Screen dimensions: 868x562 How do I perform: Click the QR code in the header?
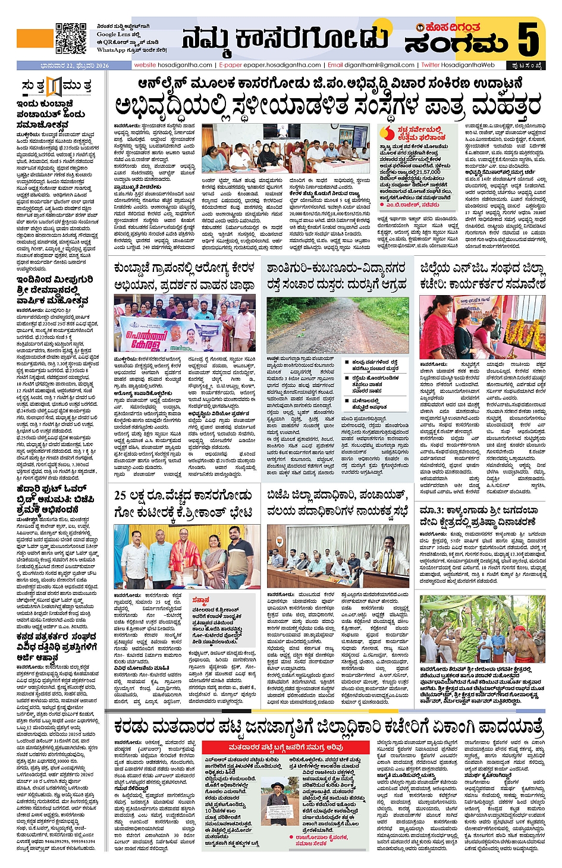[x=71, y=38]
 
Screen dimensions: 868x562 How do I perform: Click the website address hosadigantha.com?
[x=173, y=65]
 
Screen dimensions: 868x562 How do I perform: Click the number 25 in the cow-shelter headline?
[x=120, y=496]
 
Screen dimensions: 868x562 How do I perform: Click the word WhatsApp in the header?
[x=111, y=50]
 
